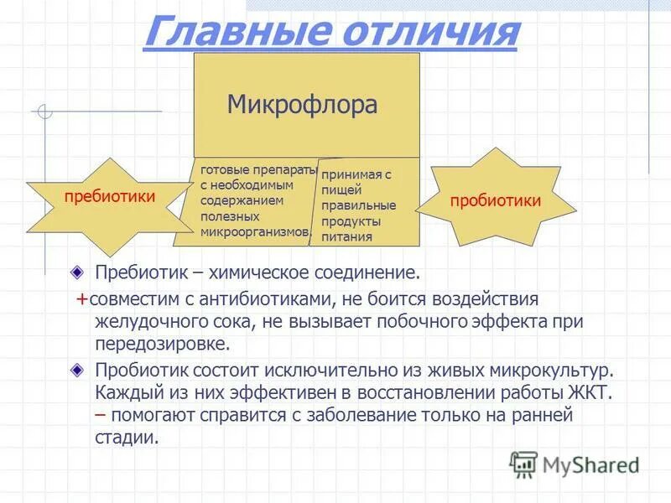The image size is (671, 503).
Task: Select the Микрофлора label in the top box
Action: (302, 105)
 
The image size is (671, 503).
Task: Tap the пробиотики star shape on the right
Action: (495, 201)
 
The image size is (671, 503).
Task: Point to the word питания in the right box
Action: (346, 236)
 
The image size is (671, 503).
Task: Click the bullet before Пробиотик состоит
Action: (77, 370)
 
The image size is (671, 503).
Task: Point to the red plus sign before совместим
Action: (81, 299)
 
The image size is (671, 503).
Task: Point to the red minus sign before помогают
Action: (101, 415)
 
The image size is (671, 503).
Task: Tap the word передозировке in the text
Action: (161, 345)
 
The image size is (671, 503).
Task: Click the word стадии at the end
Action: (126, 437)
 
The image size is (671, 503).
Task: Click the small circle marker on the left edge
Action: (45, 111)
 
